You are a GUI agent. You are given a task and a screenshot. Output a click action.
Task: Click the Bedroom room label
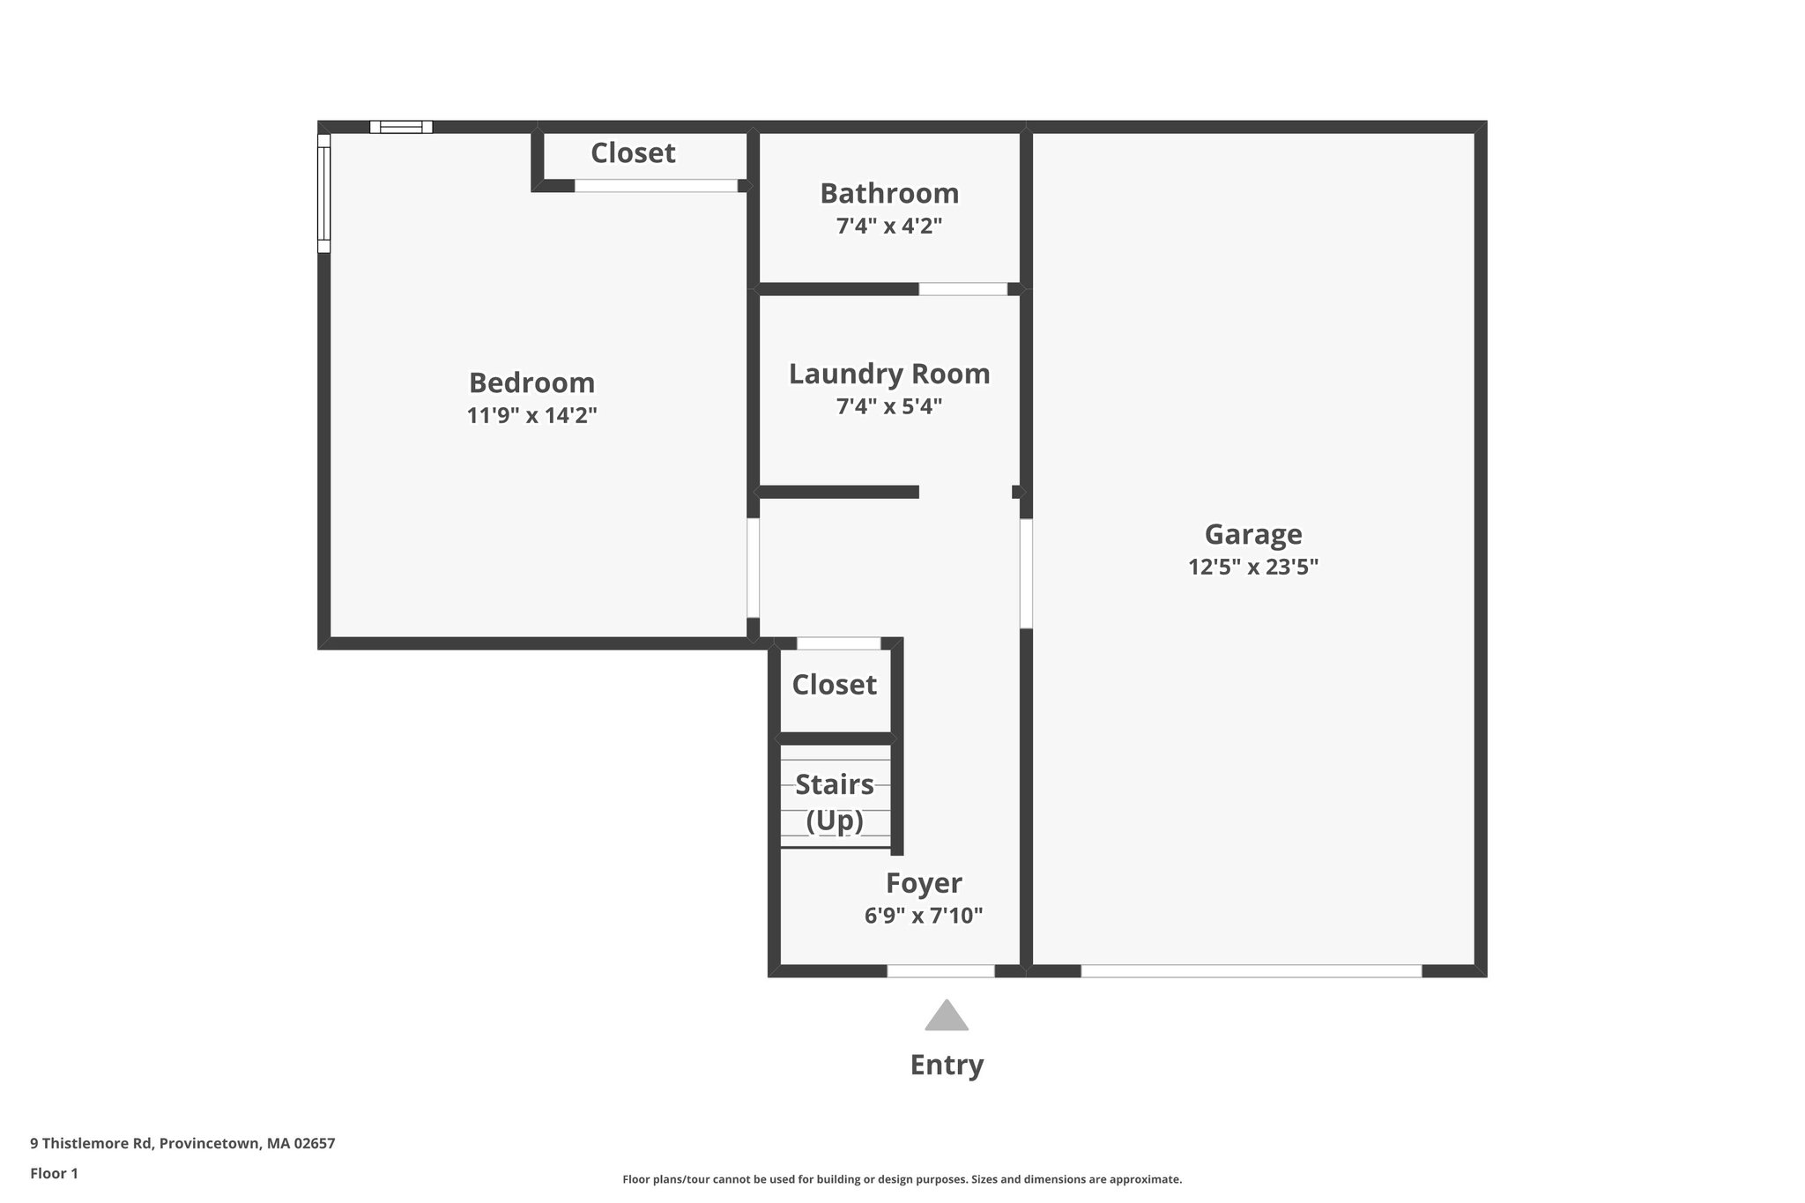click(531, 382)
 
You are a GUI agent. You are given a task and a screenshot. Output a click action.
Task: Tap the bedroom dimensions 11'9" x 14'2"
click(531, 415)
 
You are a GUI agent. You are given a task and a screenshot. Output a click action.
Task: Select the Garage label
click(1252, 534)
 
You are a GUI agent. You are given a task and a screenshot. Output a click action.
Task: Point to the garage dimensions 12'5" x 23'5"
click(1252, 567)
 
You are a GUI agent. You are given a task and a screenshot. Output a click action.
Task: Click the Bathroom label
click(888, 193)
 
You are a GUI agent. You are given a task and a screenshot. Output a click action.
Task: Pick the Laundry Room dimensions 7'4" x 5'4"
click(888, 406)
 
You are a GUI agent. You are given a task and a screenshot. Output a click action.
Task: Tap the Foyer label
click(923, 882)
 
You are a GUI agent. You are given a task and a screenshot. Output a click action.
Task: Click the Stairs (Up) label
click(834, 802)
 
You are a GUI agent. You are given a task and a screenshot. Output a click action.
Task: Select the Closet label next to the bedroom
click(633, 153)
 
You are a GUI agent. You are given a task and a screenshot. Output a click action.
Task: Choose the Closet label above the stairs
click(834, 685)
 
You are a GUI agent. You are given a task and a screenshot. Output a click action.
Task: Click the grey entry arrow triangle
click(946, 1017)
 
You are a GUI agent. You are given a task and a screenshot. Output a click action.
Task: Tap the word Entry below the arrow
click(946, 1065)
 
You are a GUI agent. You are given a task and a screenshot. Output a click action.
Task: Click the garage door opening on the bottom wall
click(1251, 970)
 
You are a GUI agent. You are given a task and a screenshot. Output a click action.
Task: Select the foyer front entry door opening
click(940, 970)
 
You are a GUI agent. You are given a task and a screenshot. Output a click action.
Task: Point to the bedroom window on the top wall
click(401, 127)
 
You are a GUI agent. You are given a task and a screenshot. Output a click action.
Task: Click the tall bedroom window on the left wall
click(323, 193)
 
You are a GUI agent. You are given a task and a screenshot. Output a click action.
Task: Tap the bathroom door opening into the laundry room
click(962, 289)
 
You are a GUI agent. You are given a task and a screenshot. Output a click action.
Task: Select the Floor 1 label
click(54, 1173)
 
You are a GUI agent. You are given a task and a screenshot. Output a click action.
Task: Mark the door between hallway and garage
click(1026, 574)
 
